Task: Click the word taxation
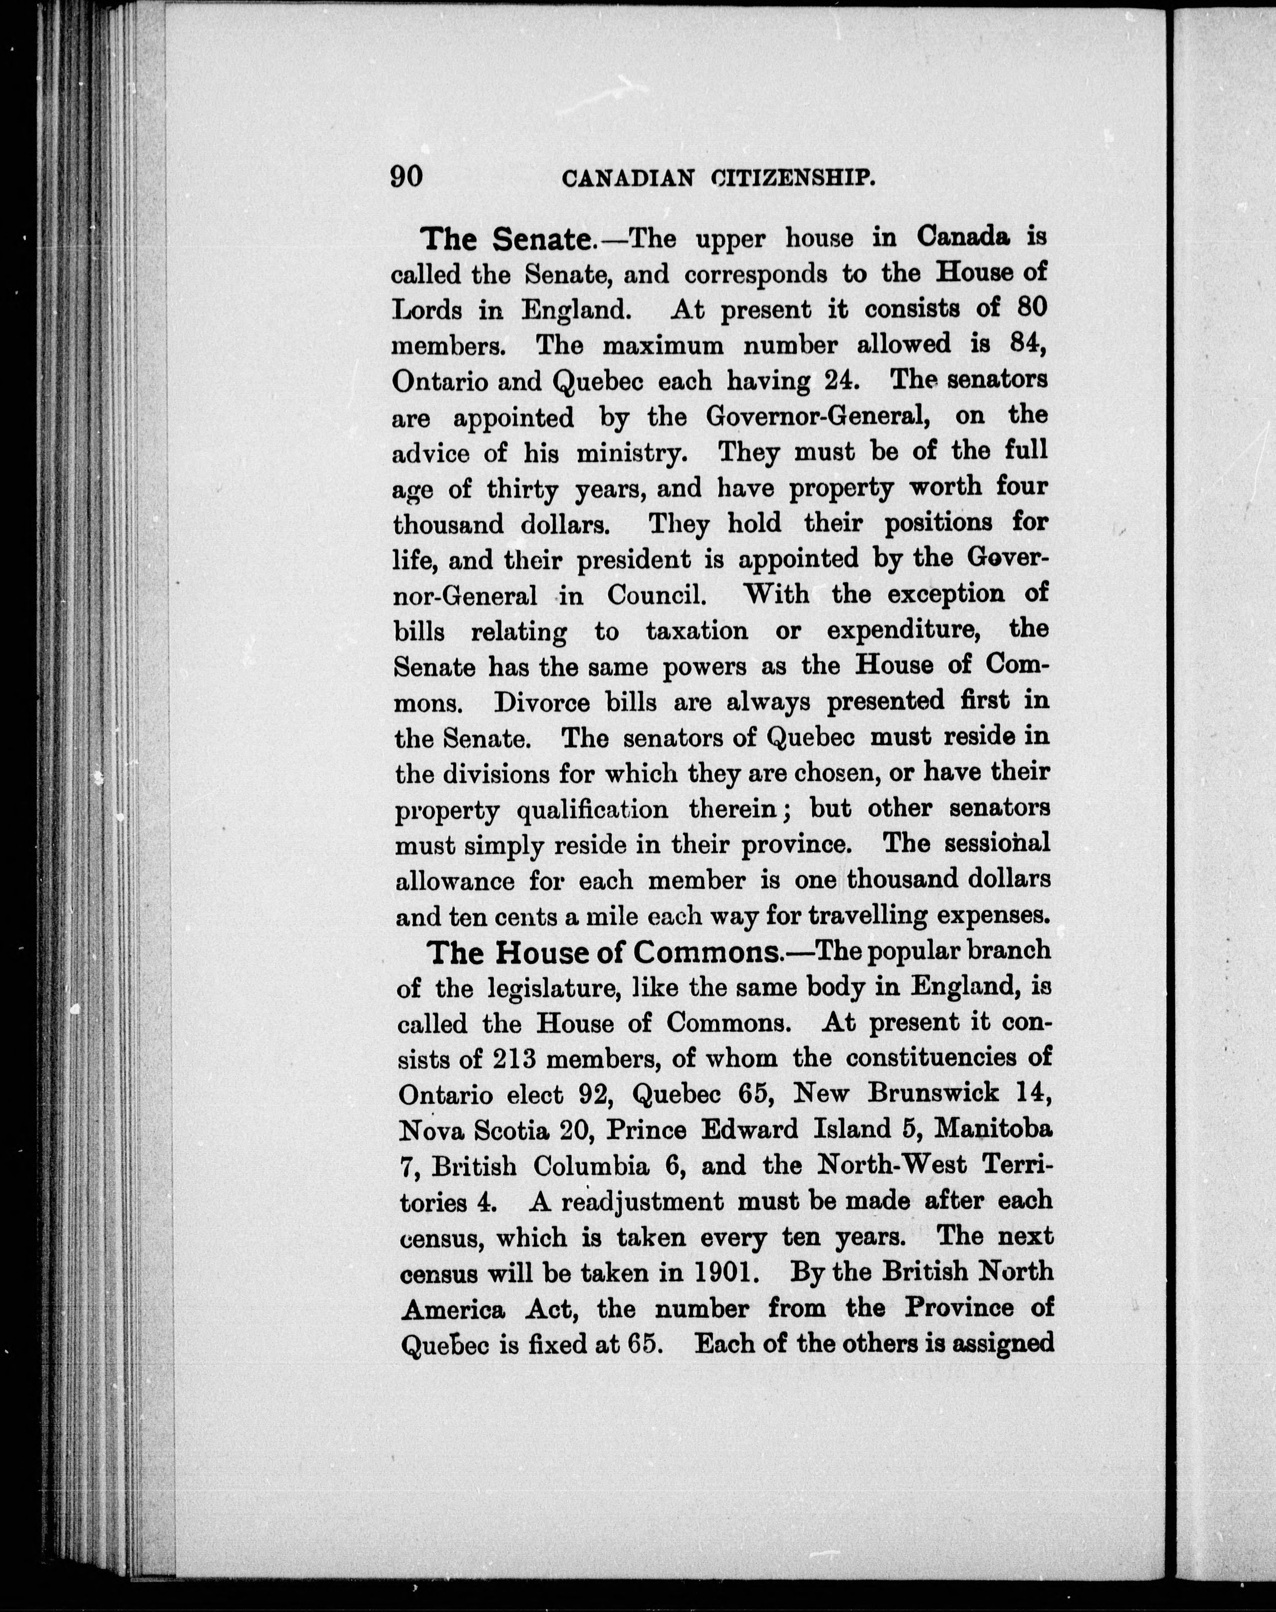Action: pyautogui.click(x=696, y=631)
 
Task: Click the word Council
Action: pyautogui.click(x=655, y=596)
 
